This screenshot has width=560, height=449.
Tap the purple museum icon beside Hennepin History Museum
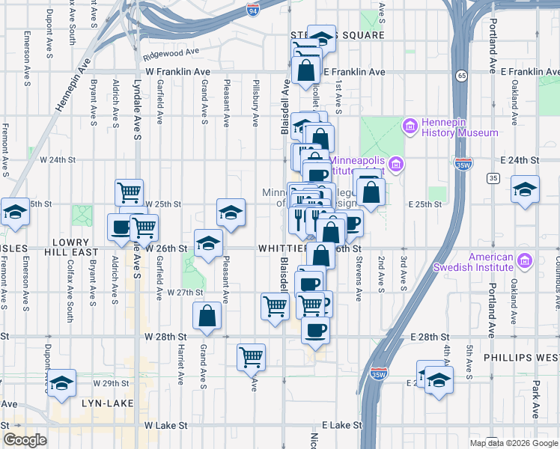[x=410, y=126]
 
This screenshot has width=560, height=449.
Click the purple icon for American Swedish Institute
[x=525, y=260]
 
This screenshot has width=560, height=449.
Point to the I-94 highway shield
[x=253, y=10]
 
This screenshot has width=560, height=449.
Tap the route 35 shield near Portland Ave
[x=493, y=178]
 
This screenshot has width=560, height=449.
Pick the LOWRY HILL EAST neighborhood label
[x=83, y=248]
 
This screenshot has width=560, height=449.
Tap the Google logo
[x=25, y=440]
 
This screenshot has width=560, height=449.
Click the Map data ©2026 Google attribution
[x=514, y=443]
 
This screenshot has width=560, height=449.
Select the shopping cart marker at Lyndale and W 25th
[x=129, y=192]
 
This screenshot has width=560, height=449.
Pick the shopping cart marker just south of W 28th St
[x=251, y=356]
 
